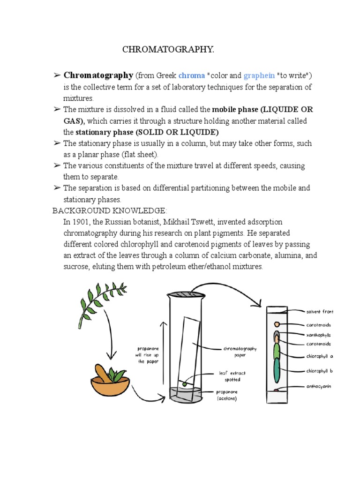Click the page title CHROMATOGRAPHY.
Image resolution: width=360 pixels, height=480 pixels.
coord(168,50)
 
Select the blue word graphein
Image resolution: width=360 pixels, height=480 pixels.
coord(256,76)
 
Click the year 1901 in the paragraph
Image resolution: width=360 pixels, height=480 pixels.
coord(85,222)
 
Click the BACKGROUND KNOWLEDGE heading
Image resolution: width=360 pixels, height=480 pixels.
coord(109,210)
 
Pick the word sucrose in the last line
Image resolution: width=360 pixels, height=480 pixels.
coord(77,267)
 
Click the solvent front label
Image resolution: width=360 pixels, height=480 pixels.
coord(320,312)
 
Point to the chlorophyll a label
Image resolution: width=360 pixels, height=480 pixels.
coord(319,356)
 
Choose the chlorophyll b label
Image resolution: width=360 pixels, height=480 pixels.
coord(319,371)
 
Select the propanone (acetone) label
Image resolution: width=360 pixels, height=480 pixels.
coord(227,395)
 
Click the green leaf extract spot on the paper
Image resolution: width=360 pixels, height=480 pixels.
coord(184,384)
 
